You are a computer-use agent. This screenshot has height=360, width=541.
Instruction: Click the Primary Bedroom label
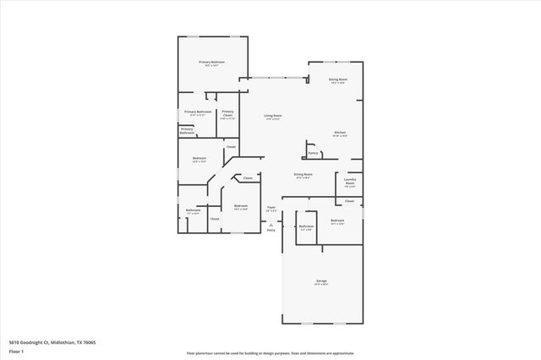pyautogui.click(x=211, y=63)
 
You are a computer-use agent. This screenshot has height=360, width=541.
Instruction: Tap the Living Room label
pyautogui.click(x=272, y=115)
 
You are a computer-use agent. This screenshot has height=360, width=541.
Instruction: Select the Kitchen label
pyautogui.click(x=339, y=133)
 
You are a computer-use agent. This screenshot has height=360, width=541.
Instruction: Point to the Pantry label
pyautogui.click(x=313, y=153)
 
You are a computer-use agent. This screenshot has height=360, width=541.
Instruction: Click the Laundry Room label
pyautogui.click(x=350, y=181)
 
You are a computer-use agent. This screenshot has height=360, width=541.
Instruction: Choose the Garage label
pyautogui.click(x=321, y=281)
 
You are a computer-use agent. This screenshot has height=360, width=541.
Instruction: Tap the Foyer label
pyautogui.click(x=271, y=207)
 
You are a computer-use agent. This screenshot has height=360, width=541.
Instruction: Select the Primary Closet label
pyautogui.click(x=227, y=113)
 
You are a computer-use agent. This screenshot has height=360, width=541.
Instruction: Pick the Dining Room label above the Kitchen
pyautogui.click(x=338, y=79)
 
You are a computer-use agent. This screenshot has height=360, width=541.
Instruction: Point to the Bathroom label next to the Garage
pyautogui.click(x=306, y=226)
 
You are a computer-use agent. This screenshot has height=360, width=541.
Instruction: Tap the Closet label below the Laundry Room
pyautogui.click(x=349, y=201)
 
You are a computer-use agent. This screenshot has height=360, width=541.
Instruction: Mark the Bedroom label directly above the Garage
pyautogui.click(x=337, y=221)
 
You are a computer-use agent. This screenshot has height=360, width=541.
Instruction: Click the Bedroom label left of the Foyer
pyautogui.click(x=241, y=206)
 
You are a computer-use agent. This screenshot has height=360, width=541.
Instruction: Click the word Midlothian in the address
pyautogui.click(x=63, y=341)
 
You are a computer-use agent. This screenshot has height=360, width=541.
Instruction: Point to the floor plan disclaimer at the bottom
pyautogui.click(x=270, y=353)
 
